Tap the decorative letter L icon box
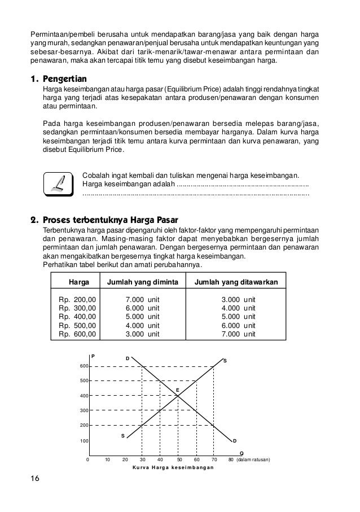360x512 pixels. point(58,184)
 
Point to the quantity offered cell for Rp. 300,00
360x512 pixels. point(238,308)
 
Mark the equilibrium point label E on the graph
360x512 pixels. point(177,390)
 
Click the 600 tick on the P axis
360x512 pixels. point(84,366)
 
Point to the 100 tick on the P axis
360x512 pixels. point(84,440)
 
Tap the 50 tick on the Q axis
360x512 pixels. point(178,460)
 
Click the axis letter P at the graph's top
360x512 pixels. point(93,356)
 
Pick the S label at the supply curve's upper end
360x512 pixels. point(225,360)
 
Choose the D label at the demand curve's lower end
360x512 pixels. point(235,440)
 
